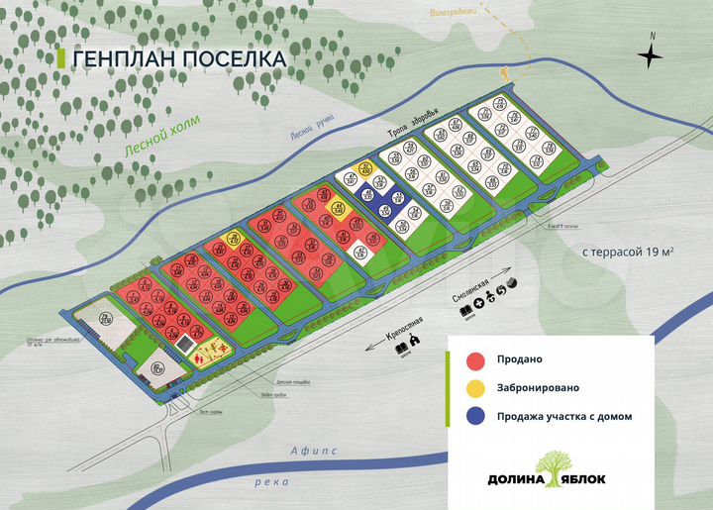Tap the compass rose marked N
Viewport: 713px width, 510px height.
(651, 55)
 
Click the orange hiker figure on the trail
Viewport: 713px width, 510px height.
(504, 75)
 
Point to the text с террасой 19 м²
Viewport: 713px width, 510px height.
(628, 252)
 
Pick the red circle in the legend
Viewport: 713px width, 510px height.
(475, 359)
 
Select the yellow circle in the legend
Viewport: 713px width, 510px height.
(475, 387)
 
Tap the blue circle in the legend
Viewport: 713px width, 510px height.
(475, 416)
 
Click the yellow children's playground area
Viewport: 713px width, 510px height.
(210, 350)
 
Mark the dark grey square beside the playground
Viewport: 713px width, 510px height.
(187, 344)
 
